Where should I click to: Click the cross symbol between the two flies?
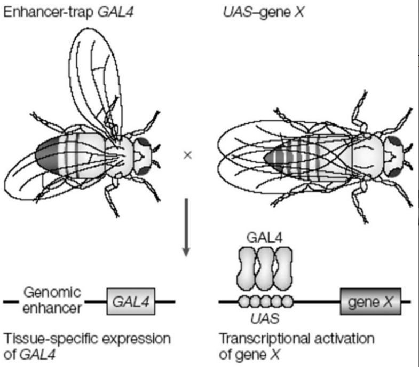click(187, 155)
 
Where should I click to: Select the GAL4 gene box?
click(131, 303)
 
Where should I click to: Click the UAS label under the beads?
click(265, 319)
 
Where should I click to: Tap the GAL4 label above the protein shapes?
click(265, 237)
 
